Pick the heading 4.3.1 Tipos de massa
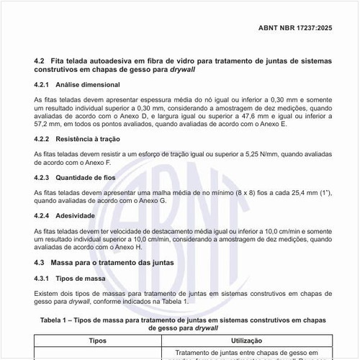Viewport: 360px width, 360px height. [x=66, y=278]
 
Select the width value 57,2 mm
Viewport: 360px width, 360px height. [x=47, y=125]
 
